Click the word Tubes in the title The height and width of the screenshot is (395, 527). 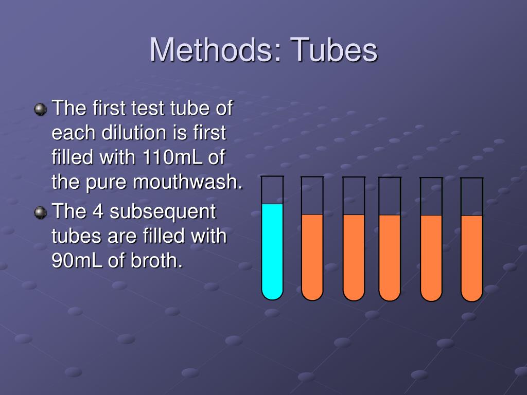[x=334, y=50]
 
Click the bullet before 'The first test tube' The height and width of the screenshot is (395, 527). [x=40, y=109]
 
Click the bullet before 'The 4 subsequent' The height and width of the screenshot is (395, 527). [x=40, y=212]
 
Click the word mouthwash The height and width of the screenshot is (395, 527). [x=187, y=182]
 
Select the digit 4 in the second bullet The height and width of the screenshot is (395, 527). [x=98, y=211]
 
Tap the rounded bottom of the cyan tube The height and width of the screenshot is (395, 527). [x=272, y=293]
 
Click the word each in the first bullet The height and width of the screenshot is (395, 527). [x=71, y=133]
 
